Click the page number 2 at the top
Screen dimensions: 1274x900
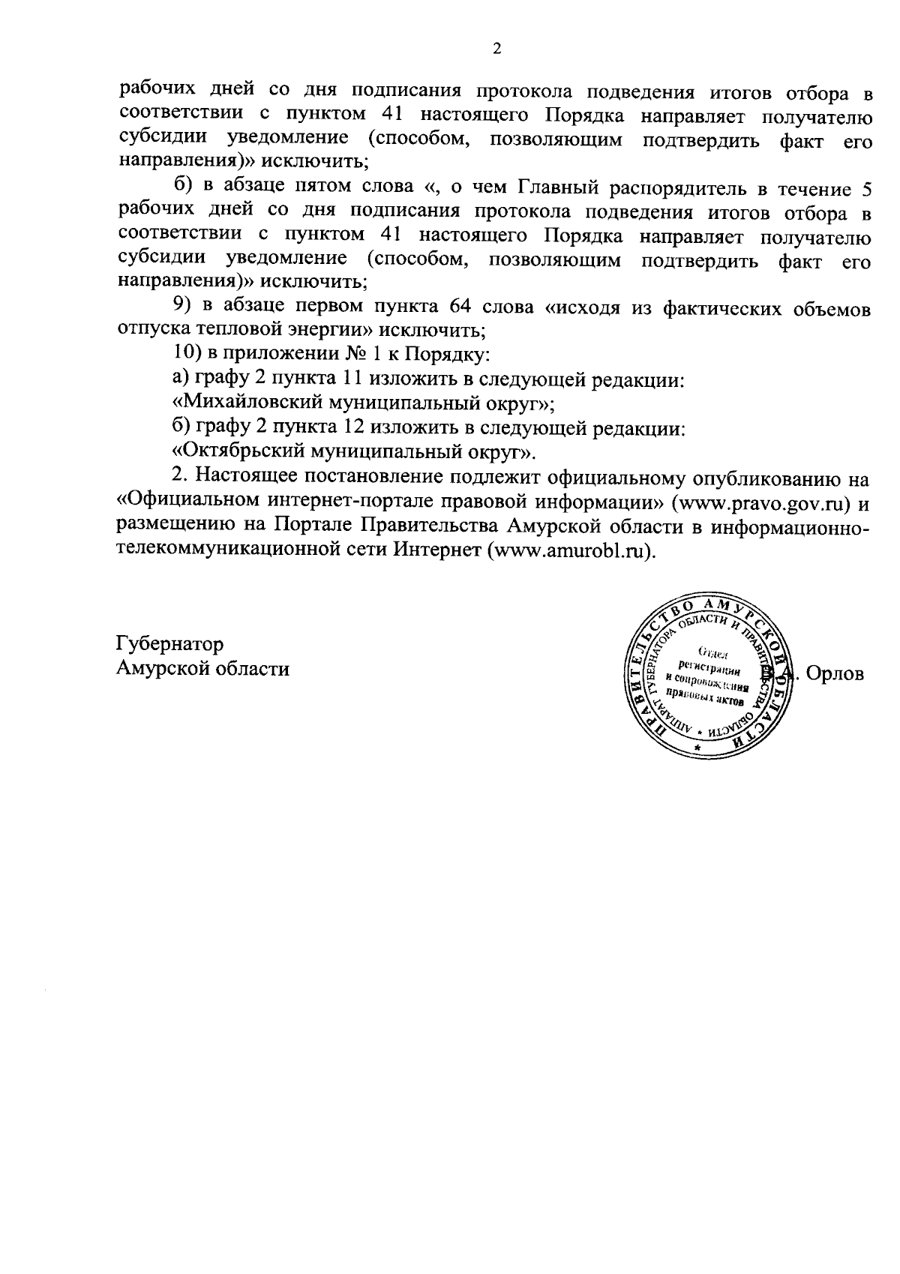pyautogui.click(x=496, y=49)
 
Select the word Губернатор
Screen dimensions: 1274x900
pyautogui.click(x=169, y=643)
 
